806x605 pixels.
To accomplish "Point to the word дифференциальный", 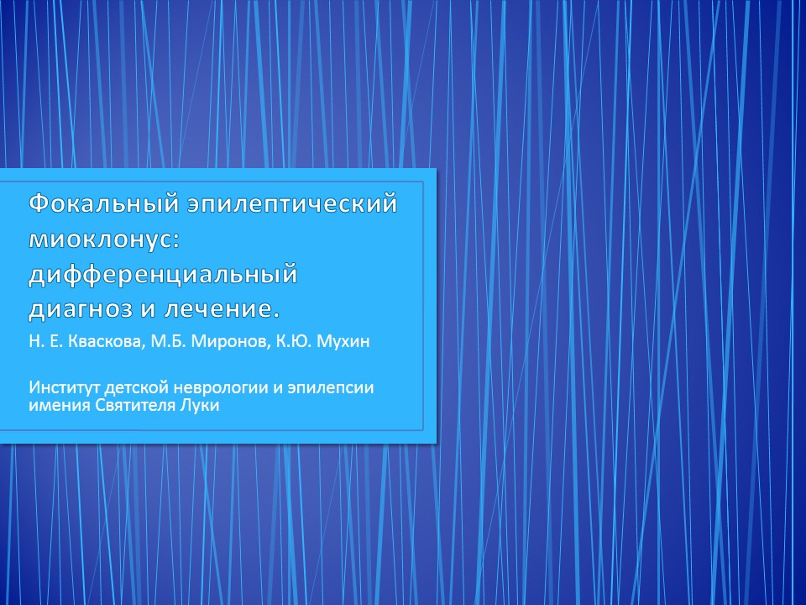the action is (x=163, y=274).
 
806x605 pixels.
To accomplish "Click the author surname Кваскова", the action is (x=104, y=342).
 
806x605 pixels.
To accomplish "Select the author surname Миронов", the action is (x=230, y=342).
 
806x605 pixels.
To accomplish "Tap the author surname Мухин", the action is (x=343, y=342).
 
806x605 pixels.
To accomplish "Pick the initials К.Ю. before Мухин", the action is (x=294, y=342).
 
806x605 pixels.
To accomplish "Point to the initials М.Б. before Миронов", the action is (x=168, y=342).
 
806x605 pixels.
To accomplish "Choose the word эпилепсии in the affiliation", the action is (x=330, y=388).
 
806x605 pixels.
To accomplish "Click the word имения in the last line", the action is (x=60, y=405).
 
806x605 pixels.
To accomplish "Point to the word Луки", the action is (x=200, y=405).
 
